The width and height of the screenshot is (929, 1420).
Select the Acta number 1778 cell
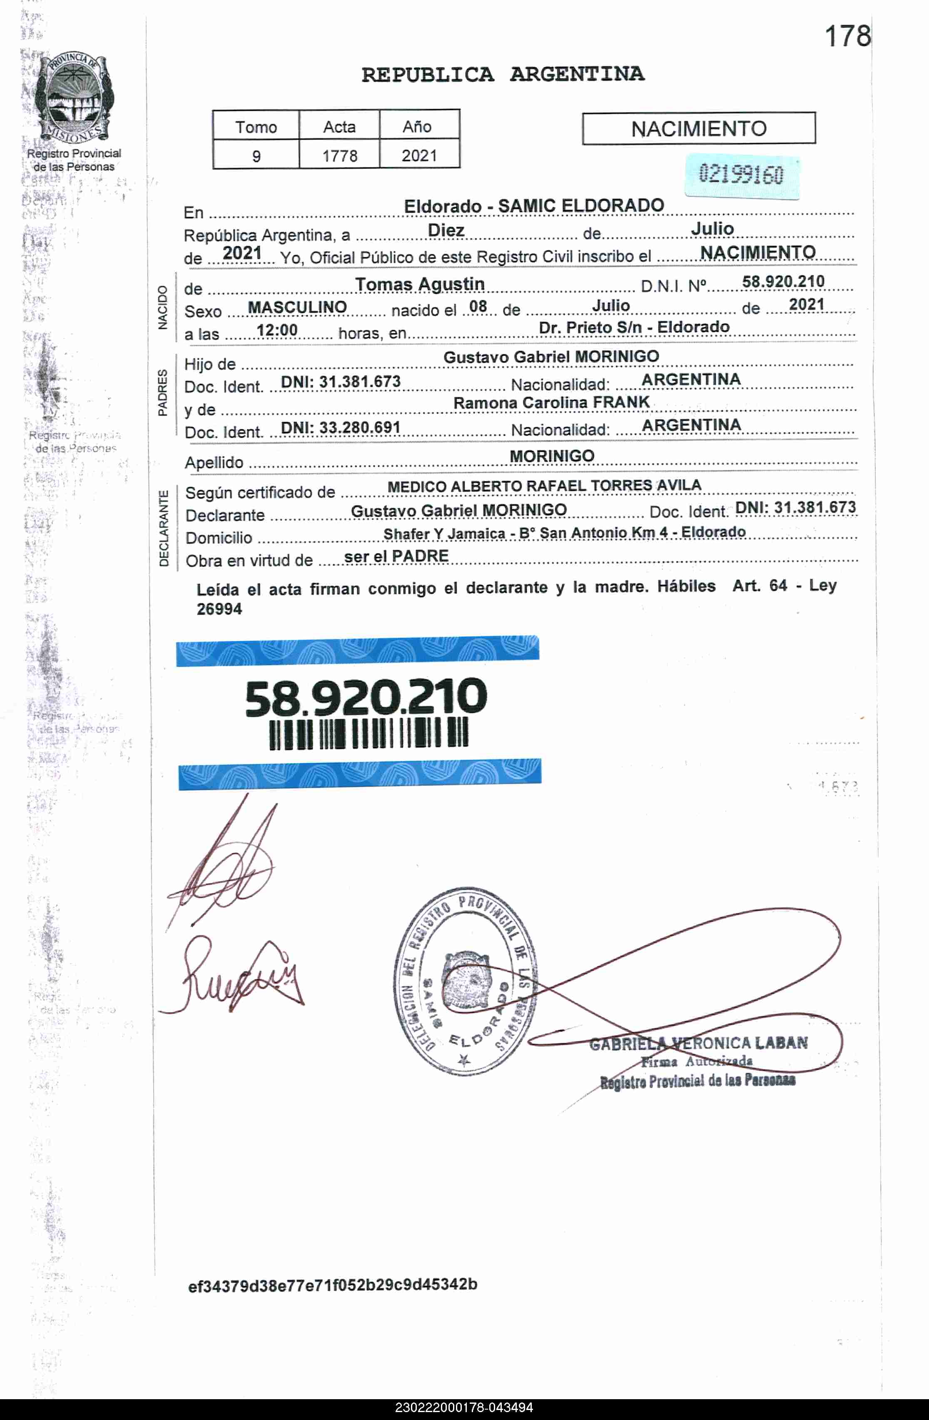click(339, 156)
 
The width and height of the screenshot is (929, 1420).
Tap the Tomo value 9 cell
click(256, 156)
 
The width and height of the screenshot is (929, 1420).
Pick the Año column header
click(417, 127)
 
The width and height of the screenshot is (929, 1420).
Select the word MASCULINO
click(297, 307)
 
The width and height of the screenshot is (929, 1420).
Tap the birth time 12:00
click(277, 330)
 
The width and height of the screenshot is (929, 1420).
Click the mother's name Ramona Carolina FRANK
click(551, 403)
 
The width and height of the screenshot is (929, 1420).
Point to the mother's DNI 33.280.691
click(340, 428)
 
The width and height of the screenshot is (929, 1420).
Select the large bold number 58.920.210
click(366, 697)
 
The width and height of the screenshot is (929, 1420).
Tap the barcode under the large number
click(369, 732)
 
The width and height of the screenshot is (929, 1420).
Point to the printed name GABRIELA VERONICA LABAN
click(698, 1044)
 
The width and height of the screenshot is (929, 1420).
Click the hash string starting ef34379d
click(332, 1285)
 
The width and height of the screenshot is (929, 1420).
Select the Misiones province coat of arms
click(73, 98)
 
